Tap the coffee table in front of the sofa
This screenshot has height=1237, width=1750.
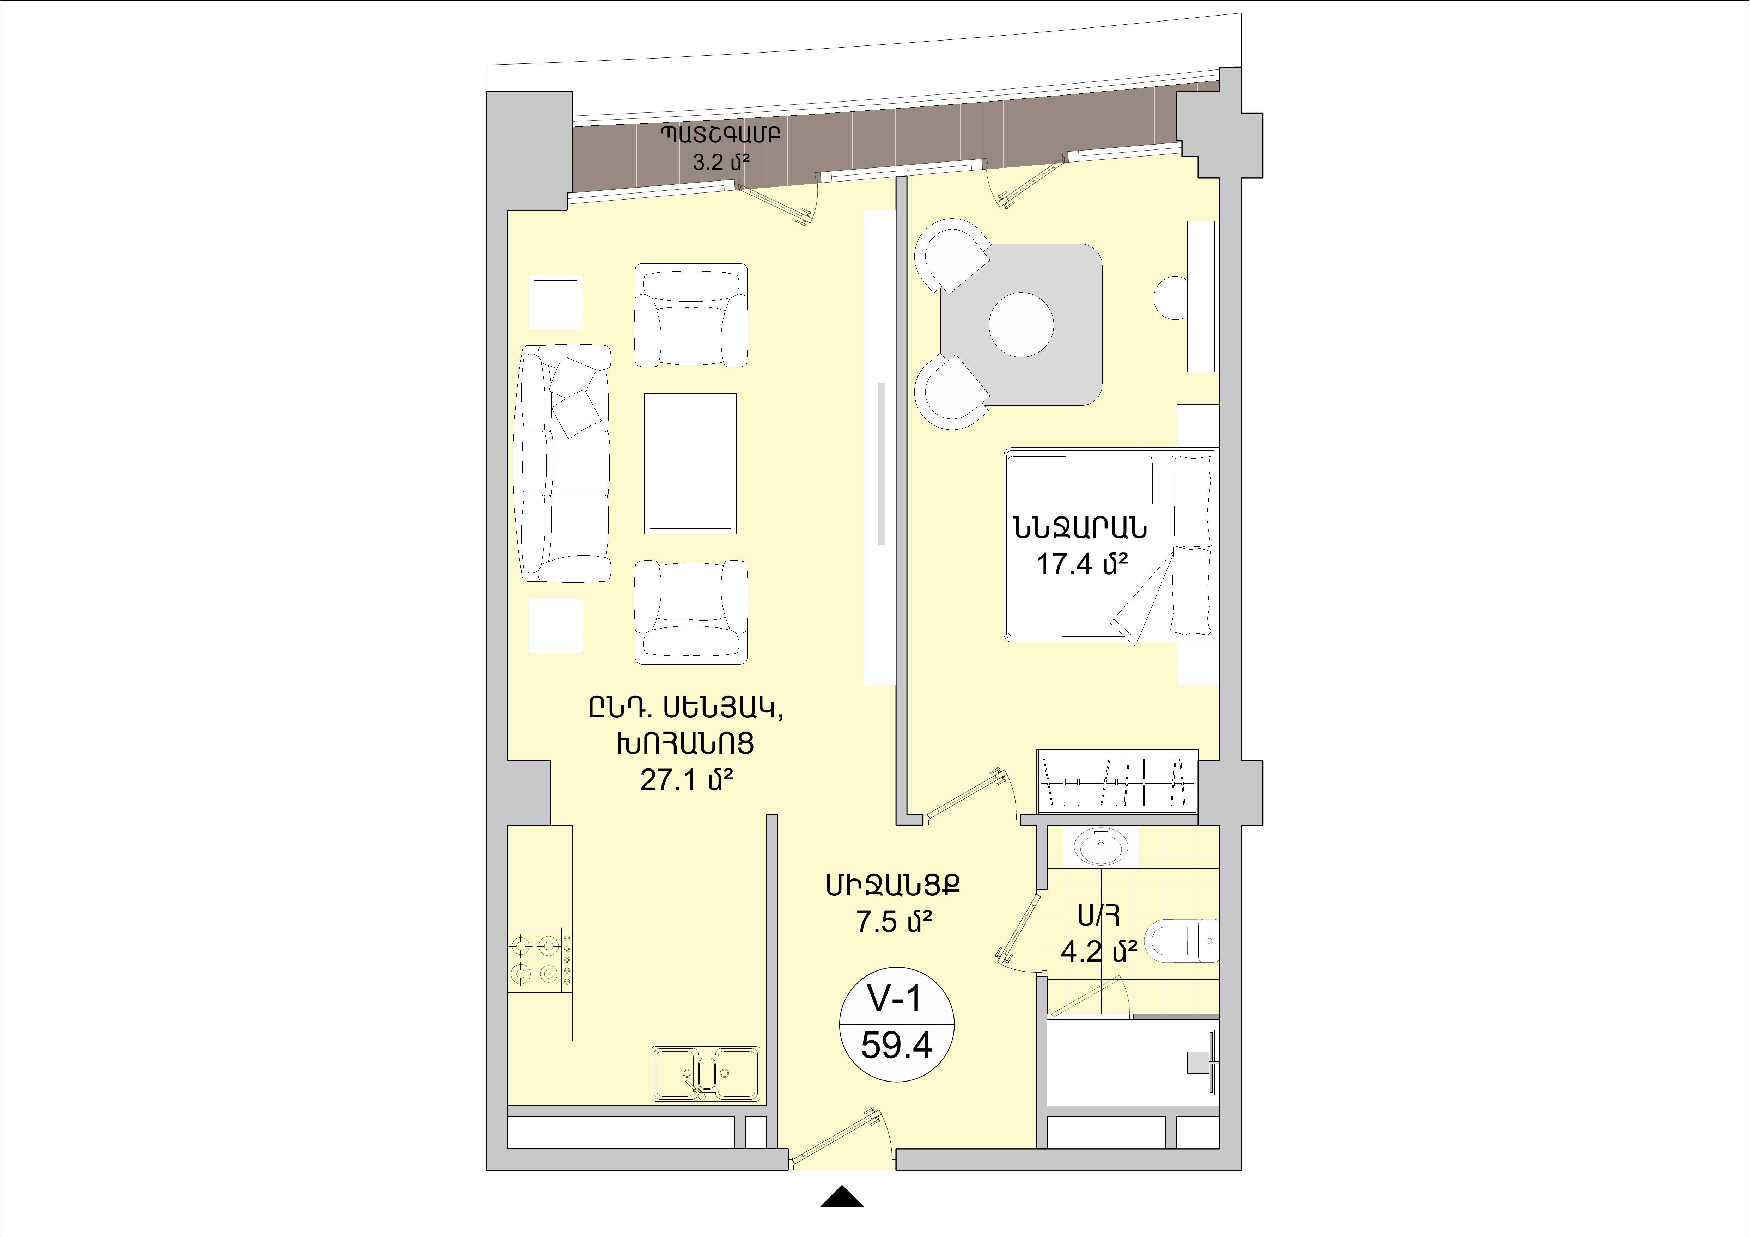[x=690, y=464]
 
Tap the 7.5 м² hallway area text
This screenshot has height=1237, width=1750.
[x=895, y=921]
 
